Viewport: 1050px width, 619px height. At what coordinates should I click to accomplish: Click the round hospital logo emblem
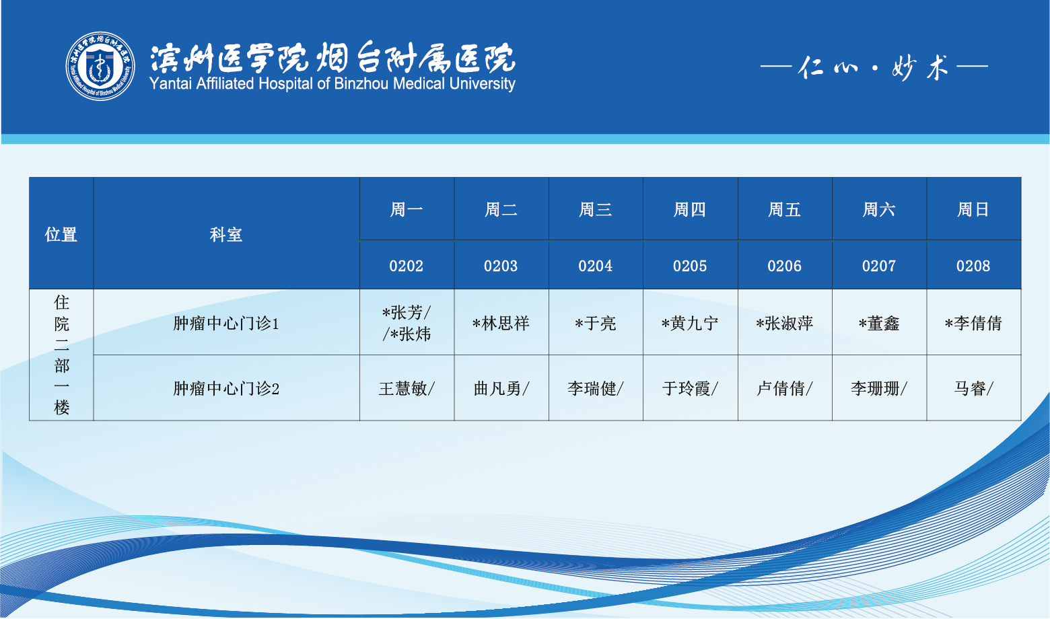[100, 66]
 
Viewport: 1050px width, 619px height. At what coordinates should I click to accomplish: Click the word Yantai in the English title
[171, 84]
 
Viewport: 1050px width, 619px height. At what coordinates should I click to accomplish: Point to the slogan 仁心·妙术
[874, 67]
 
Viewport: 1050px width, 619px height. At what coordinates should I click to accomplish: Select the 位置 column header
[61, 234]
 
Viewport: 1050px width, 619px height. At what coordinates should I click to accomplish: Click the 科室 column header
[226, 234]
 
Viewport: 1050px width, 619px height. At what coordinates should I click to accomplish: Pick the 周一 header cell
[407, 209]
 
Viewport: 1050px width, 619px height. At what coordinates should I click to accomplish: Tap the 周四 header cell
[689, 209]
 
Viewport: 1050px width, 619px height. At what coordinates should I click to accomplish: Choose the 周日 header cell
[973, 209]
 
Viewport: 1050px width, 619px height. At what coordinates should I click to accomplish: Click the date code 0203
[501, 266]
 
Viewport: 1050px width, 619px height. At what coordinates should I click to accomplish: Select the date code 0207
[879, 266]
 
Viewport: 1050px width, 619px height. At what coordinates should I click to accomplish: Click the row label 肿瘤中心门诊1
[226, 324]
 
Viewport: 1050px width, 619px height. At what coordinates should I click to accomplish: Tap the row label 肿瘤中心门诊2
[226, 388]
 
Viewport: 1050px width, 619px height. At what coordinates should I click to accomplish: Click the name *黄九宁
[689, 324]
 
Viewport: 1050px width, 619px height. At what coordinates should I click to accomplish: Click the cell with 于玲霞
[690, 388]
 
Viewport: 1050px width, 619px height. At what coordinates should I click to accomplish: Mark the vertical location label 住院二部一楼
[61, 355]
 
